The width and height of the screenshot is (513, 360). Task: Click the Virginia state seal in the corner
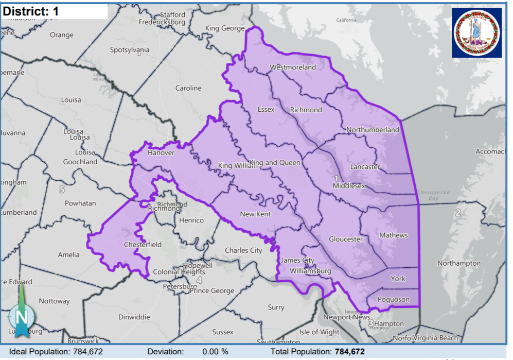(x=477, y=32)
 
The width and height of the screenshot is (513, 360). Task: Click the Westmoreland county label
(x=293, y=67)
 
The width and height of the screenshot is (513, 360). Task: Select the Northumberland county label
(x=373, y=130)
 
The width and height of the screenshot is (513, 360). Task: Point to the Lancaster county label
(x=365, y=167)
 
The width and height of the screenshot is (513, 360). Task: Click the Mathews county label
(x=393, y=235)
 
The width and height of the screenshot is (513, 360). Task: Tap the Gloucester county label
(x=346, y=239)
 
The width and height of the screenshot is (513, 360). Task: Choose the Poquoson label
(x=394, y=299)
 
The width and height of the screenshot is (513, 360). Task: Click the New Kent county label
(x=255, y=214)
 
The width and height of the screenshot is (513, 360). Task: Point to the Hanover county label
(x=161, y=153)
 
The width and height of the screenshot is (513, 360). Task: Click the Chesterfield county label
(x=143, y=244)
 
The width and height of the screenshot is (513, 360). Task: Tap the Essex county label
(x=266, y=109)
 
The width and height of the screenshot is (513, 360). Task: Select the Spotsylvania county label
(x=130, y=50)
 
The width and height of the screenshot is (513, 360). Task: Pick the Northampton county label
(x=459, y=263)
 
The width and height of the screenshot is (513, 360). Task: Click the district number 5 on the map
(x=62, y=190)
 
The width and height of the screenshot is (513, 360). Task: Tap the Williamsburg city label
(x=310, y=270)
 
